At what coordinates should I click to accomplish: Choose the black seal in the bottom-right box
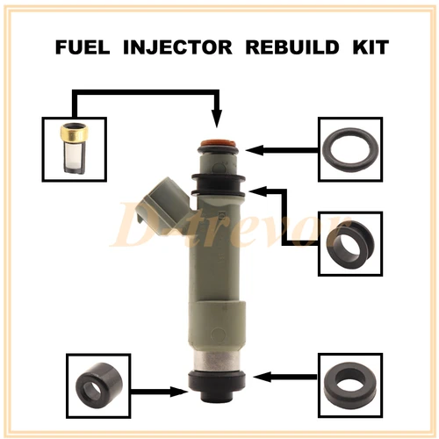coord(349,385)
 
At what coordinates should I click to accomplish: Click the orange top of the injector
coord(219,141)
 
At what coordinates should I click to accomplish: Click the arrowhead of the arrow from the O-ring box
coord(253,149)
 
